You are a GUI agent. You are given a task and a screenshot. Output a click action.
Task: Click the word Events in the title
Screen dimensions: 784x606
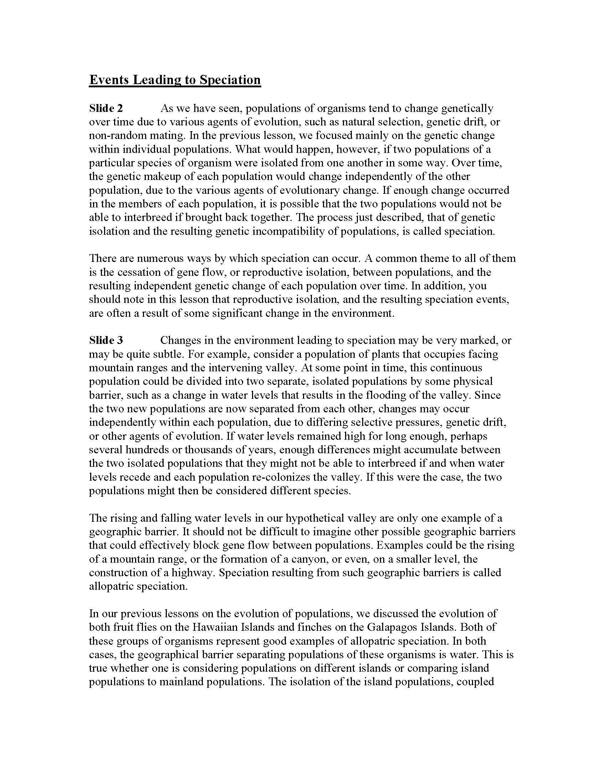point(109,79)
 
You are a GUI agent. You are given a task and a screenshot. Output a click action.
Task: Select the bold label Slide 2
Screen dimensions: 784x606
point(106,108)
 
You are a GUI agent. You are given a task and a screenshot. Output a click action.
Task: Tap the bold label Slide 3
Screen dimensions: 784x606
point(106,340)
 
